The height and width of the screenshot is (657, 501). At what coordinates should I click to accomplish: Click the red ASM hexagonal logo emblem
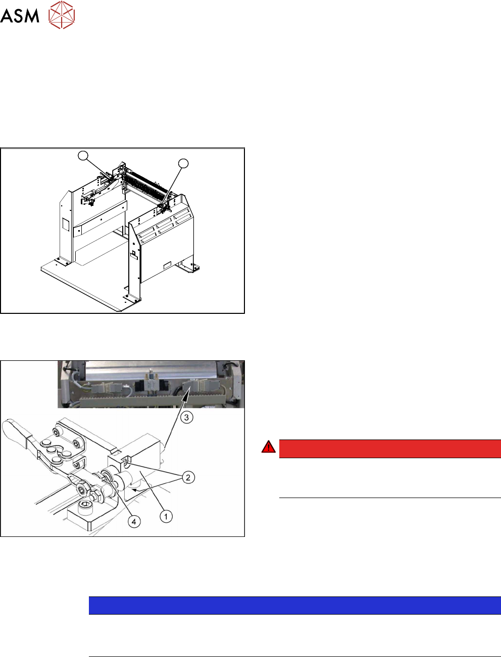click(x=62, y=15)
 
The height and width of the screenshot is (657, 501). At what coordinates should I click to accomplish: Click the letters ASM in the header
click(x=20, y=16)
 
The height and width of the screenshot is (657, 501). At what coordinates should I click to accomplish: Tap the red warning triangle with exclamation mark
click(x=269, y=446)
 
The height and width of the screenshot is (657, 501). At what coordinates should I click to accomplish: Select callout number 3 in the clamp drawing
click(x=186, y=417)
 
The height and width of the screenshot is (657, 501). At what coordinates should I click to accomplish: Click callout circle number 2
click(x=188, y=477)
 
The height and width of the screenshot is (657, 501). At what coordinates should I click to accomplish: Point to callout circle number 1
click(x=166, y=516)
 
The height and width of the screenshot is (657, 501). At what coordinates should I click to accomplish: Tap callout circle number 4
click(x=134, y=522)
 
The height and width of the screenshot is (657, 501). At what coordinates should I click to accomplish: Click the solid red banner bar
click(x=390, y=449)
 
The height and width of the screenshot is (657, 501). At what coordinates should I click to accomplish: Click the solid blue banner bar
click(x=294, y=606)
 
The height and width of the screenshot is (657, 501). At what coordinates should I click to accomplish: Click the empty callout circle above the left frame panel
click(x=83, y=155)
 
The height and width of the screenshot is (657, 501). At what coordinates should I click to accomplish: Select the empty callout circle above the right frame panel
click(x=183, y=163)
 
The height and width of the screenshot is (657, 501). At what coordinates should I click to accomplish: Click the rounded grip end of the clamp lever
click(x=12, y=428)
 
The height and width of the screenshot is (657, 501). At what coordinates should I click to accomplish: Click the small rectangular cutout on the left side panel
click(x=66, y=224)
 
